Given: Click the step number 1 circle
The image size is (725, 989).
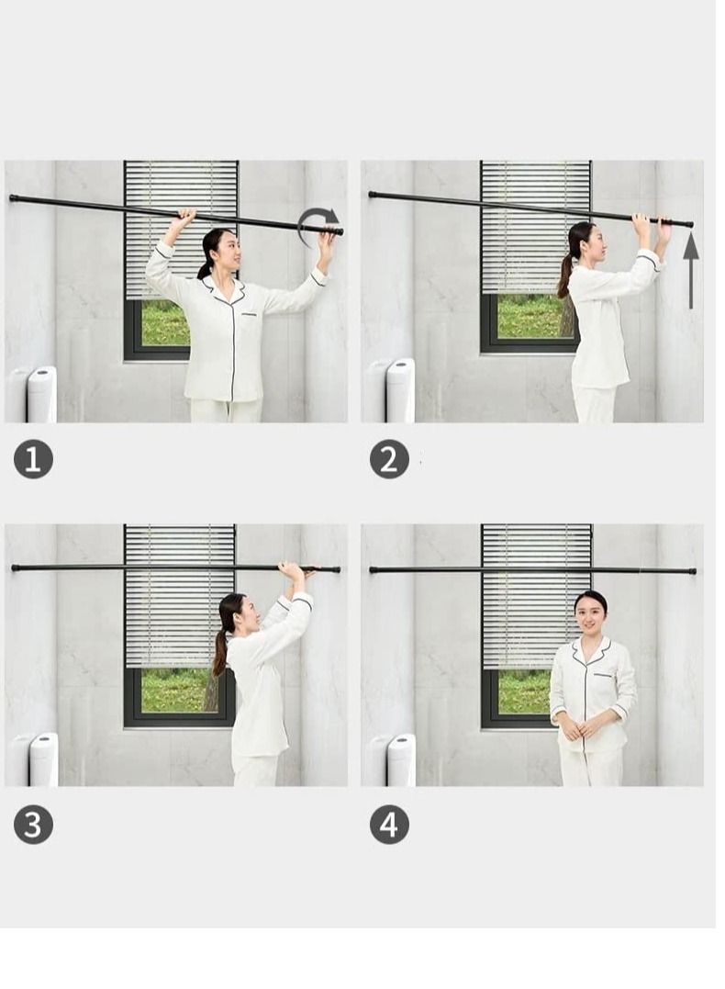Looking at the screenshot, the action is [33, 459].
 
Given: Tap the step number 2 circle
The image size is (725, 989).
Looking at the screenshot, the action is [389, 459].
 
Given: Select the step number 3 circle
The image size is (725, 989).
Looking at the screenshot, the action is [33, 825].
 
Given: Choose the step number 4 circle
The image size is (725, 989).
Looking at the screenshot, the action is [389, 825].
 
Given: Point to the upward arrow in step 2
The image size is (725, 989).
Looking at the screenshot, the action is [691, 270].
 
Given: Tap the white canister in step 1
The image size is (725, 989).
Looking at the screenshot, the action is [41, 395].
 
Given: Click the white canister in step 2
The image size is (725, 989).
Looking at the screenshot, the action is [400, 391].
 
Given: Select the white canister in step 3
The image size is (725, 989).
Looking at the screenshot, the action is [43, 760].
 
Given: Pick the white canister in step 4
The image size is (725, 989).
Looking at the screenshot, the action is [401, 760].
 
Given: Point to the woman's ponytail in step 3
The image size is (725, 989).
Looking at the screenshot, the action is [219, 652].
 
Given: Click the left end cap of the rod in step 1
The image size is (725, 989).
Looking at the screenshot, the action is [13, 198].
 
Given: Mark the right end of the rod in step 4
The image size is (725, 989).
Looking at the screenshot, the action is [693, 571].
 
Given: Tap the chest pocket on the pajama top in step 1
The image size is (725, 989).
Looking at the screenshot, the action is [252, 313].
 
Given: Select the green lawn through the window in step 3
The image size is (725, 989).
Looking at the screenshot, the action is [173, 690].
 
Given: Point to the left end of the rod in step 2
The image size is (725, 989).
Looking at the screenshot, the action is [373, 195].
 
